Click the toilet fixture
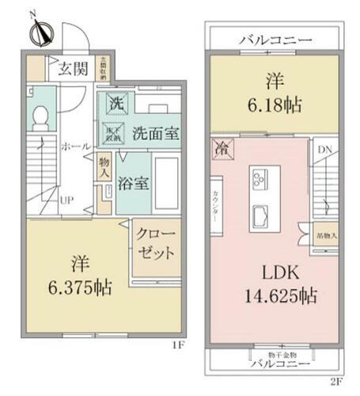coord(41,119)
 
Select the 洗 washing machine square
coord(116,102)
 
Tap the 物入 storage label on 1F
coord(104,167)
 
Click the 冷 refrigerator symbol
coord(222,148)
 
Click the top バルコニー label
coord(274,40)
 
